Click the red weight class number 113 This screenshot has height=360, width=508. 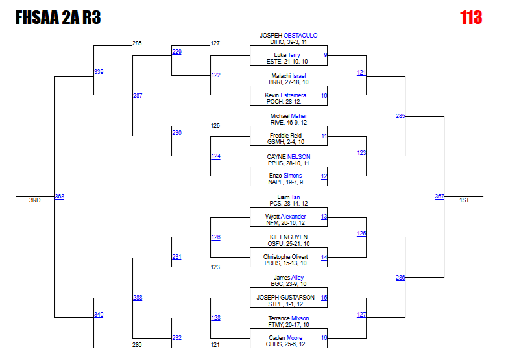point(471,18)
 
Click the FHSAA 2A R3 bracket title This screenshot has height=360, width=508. point(58,18)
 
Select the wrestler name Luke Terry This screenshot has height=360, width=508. point(287,55)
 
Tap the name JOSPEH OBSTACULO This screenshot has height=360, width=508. point(289,35)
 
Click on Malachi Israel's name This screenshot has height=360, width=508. point(289,76)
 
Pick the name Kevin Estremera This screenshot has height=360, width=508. point(288,95)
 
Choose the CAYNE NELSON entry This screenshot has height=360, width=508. point(289,156)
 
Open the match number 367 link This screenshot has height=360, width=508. point(439,197)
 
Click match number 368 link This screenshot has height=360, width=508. point(59,197)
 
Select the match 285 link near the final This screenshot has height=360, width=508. point(400,116)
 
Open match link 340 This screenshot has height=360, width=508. point(98,315)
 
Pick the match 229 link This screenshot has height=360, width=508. point(176,51)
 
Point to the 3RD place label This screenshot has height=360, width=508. point(34,201)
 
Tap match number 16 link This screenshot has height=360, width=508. point(324,338)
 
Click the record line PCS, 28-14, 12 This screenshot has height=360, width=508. point(289,203)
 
